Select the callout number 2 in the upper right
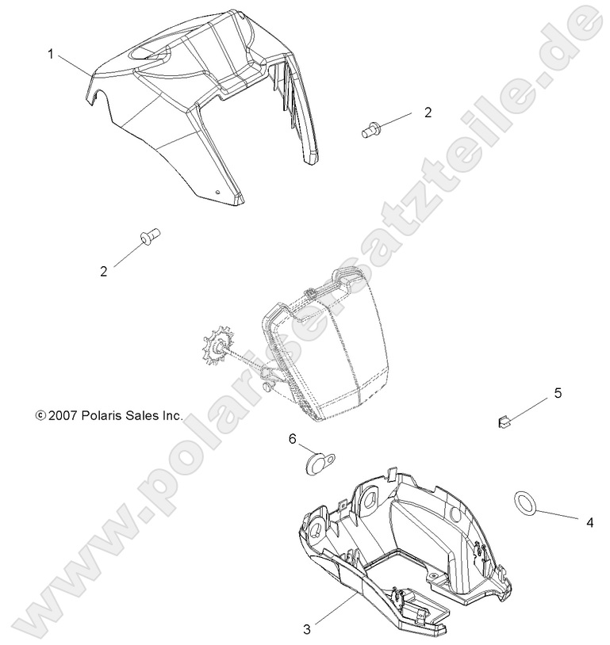(x=428, y=113)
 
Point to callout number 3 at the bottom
(x=307, y=630)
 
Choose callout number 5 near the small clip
(x=558, y=393)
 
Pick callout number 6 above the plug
(x=292, y=438)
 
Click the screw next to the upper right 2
(x=370, y=128)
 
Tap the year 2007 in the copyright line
(x=60, y=414)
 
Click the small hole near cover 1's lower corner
(x=220, y=190)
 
